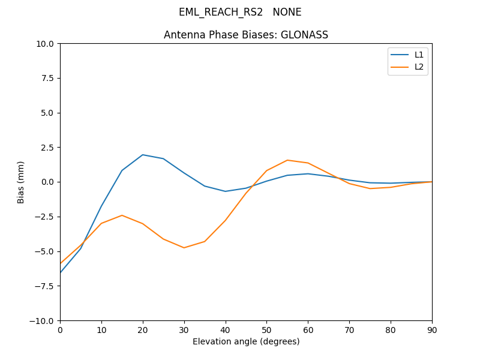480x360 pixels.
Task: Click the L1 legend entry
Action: click(x=419, y=55)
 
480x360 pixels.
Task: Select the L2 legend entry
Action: click(x=419, y=67)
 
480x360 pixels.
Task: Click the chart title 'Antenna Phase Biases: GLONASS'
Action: click(x=246, y=35)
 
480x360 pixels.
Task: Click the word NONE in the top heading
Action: click(x=287, y=12)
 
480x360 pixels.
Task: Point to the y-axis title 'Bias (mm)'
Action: click(x=21, y=182)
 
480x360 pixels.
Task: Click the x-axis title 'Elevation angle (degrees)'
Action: click(x=246, y=341)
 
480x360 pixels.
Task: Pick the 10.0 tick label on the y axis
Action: click(x=44, y=44)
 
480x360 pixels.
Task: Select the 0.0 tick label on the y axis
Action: click(x=47, y=182)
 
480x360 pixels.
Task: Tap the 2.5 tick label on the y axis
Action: click(x=47, y=148)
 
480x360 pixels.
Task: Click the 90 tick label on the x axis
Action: click(x=432, y=329)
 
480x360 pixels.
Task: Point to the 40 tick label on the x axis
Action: click(x=226, y=329)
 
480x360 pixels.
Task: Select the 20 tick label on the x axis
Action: click(x=143, y=329)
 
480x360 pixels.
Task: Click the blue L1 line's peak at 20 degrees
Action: click(x=143, y=155)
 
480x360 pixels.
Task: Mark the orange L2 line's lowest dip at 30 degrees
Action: click(x=184, y=248)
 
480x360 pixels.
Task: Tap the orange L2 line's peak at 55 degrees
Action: click(x=287, y=160)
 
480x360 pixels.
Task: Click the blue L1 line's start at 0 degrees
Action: click(x=60, y=273)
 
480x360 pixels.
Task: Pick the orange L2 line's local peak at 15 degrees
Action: click(x=122, y=215)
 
